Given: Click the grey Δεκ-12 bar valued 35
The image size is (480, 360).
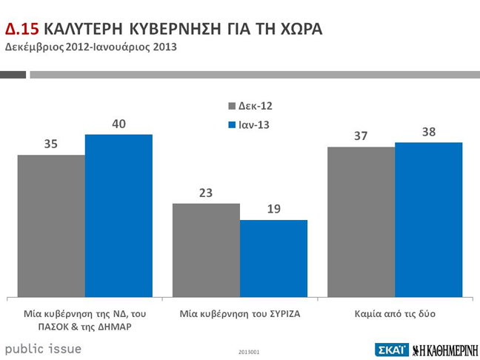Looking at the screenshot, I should pyautogui.click(x=51, y=226).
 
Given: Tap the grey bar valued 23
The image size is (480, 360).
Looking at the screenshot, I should pyautogui.click(x=206, y=250).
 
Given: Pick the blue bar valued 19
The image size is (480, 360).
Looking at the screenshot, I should pyautogui.click(x=273, y=259).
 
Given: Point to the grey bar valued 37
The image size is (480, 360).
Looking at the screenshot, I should pyautogui.click(x=361, y=222).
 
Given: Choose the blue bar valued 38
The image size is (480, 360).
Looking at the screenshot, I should pyautogui.click(x=428, y=220).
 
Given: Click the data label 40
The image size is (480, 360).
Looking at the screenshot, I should pyautogui.click(x=119, y=124).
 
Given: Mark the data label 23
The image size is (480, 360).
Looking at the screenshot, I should pyautogui.click(x=206, y=193).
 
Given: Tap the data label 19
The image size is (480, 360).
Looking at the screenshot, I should pyautogui.click(x=273, y=209).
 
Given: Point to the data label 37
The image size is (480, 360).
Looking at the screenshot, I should pyautogui.click(x=361, y=136).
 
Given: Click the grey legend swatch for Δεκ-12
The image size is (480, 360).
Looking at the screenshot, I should pyautogui.click(x=231, y=106).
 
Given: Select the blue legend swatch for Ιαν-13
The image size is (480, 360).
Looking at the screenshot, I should pyautogui.click(x=231, y=124).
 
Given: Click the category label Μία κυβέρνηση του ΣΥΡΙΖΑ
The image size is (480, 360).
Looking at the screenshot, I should pyautogui.click(x=239, y=314).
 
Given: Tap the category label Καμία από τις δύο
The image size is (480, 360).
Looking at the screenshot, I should pyautogui.click(x=395, y=314).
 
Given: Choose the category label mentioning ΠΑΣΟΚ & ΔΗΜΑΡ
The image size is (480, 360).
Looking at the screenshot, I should pyautogui.click(x=84, y=320).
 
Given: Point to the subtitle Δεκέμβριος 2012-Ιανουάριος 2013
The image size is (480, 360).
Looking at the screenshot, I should pyautogui.click(x=91, y=47).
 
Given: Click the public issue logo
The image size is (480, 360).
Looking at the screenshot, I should pyautogui.click(x=43, y=348).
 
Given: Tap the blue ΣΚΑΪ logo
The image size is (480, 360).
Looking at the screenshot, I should pyautogui.click(x=391, y=350).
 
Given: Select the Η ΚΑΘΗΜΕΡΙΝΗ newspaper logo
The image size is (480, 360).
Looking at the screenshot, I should pyautogui.click(x=444, y=350).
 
